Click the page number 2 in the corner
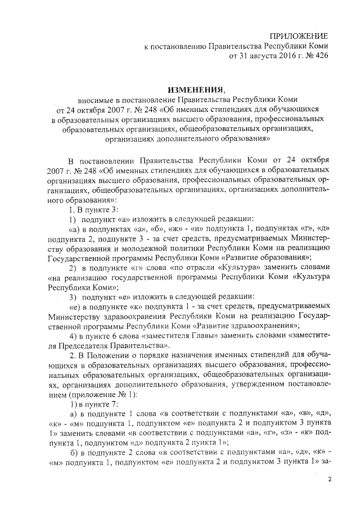pyautogui.click(x=331, y=479)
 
